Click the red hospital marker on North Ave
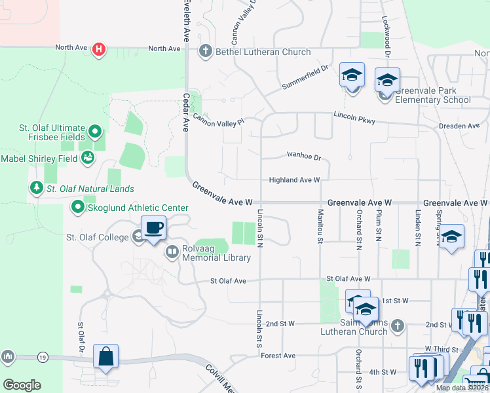99,49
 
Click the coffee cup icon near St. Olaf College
153,229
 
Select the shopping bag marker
105,357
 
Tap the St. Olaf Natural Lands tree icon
35,189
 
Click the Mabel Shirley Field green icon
87,158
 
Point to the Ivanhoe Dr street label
304,157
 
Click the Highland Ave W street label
294,180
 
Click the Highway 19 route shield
43,357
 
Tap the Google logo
22,385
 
